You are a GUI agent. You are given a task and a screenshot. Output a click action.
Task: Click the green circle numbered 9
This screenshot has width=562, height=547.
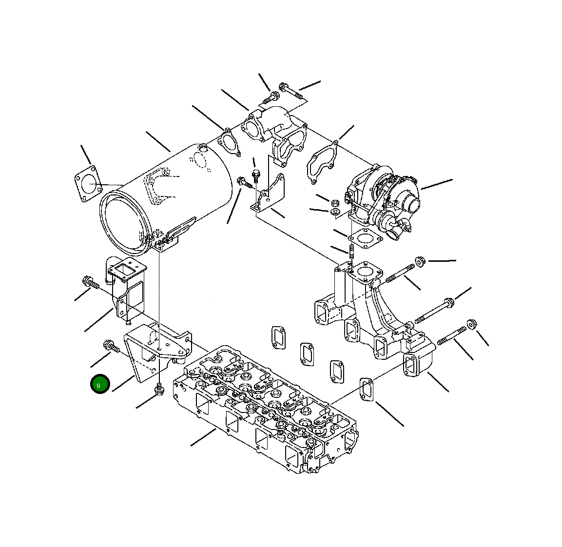click(x=99, y=384)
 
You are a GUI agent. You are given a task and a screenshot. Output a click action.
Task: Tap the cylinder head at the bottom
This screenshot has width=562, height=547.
click(x=265, y=409)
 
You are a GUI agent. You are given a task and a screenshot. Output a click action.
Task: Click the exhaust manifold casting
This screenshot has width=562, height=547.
click(x=373, y=315)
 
